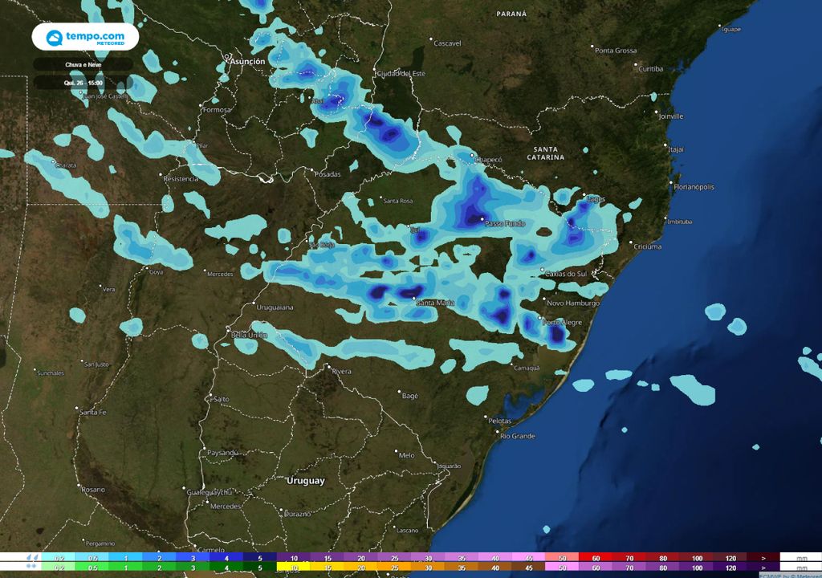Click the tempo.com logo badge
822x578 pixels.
[85, 37]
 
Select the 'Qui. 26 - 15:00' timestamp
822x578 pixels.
[83, 83]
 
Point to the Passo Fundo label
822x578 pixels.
[505, 224]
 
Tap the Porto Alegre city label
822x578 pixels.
[563, 323]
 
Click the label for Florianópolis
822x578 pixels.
[695, 187]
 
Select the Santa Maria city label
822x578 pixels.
[435, 303]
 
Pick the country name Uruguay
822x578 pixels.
[306, 481]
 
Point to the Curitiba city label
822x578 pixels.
[650, 69]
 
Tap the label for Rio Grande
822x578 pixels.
[518, 436]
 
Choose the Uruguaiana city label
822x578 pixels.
[275, 307]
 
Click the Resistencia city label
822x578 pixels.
[181, 178]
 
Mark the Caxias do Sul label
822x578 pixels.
[568, 274]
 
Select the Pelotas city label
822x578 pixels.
[499, 421]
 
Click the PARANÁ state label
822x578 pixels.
[511, 14]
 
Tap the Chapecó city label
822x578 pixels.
[489, 160]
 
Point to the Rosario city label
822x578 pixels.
[93, 489]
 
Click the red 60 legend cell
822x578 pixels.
[596, 557]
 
